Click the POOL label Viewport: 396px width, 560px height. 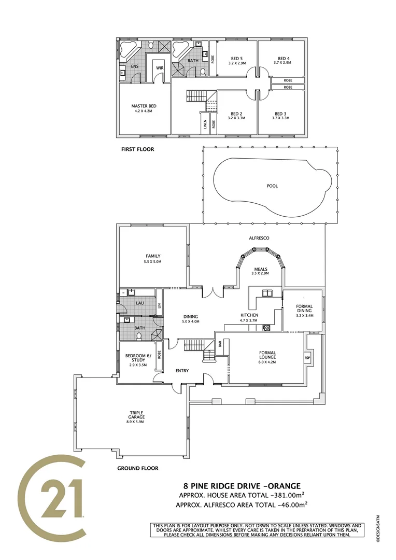pyautogui.click(x=272, y=186)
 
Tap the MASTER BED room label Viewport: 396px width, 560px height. pyautogui.click(x=144, y=106)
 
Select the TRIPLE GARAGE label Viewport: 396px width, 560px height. pyautogui.click(x=137, y=415)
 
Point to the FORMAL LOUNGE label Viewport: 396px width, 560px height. pyautogui.click(x=267, y=355)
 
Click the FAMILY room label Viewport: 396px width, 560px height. pyautogui.click(x=152, y=256)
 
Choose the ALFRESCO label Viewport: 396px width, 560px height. pyautogui.click(x=259, y=238)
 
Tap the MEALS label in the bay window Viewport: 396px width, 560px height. pyautogui.click(x=260, y=269)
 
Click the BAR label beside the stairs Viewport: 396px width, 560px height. pyautogui.click(x=220, y=344)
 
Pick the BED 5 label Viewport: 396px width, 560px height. pyautogui.click(x=236, y=58)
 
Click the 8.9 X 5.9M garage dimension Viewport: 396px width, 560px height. pyautogui.click(x=137, y=422)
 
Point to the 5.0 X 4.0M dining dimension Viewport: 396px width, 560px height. pyautogui.click(x=191, y=322)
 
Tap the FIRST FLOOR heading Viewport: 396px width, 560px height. pyautogui.click(x=137, y=149)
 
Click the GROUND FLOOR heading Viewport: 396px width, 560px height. pyautogui.click(x=137, y=468)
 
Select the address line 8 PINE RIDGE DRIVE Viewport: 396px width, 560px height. pyautogui.click(x=242, y=486)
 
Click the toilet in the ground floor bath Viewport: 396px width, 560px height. pyautogui.click(x=138, y=337)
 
